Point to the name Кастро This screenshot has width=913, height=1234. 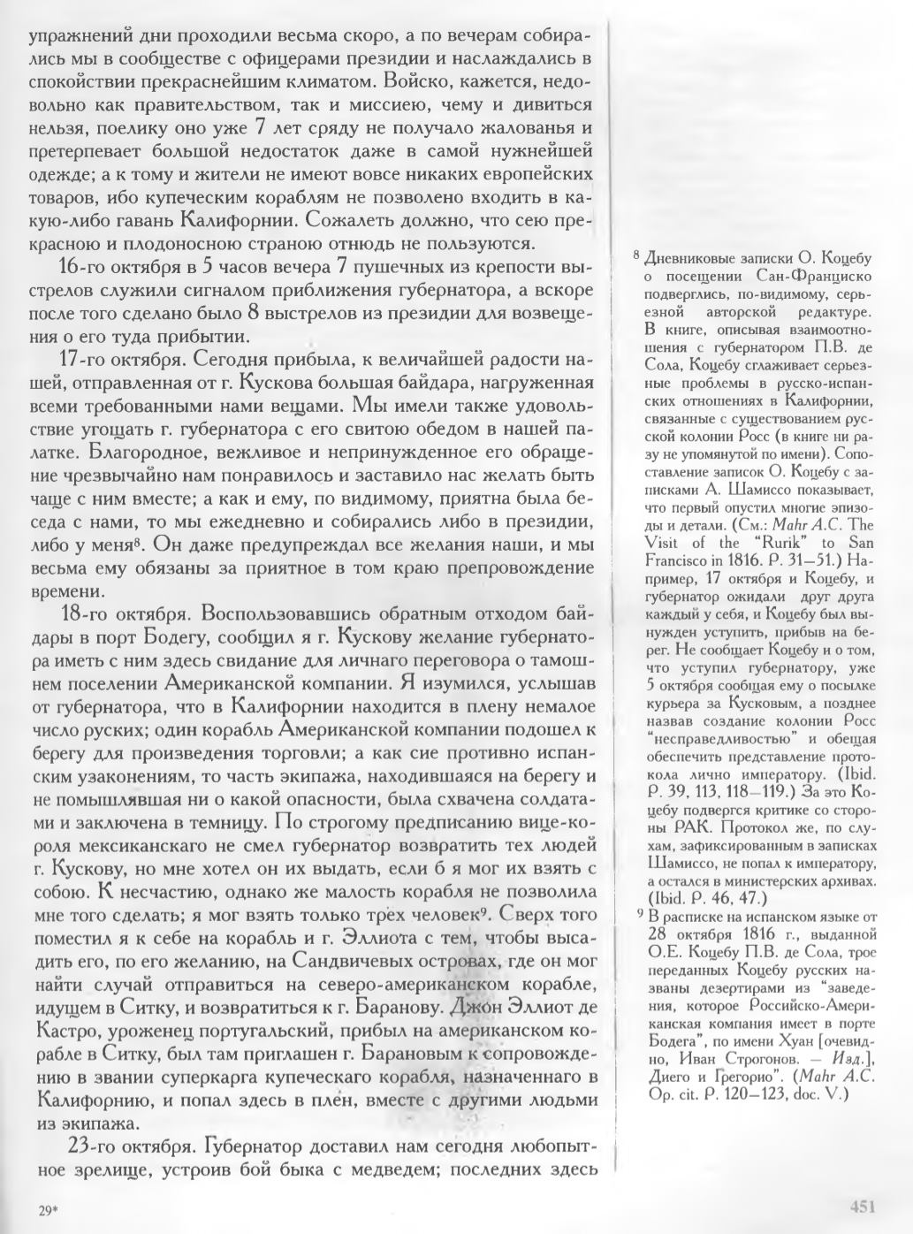65,1031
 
